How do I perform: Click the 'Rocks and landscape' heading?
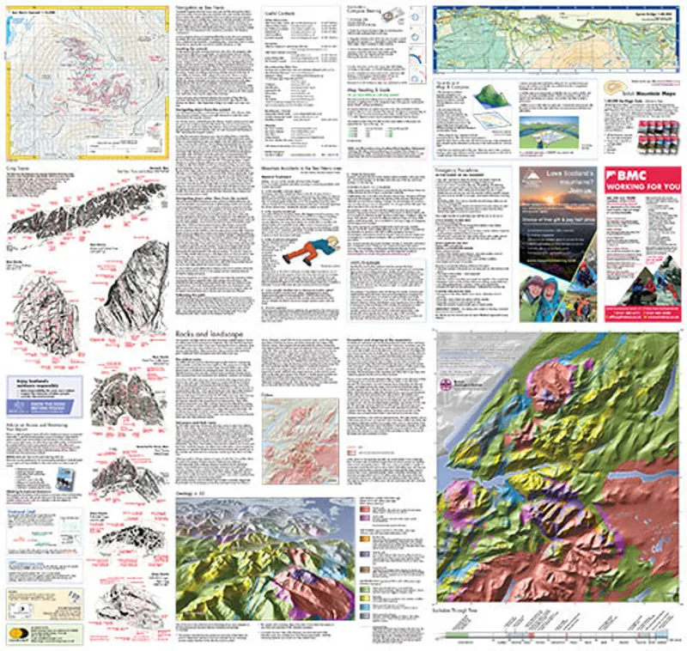[205, 332]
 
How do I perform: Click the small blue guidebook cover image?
[63, 479]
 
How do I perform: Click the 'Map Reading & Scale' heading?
[369, 88]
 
